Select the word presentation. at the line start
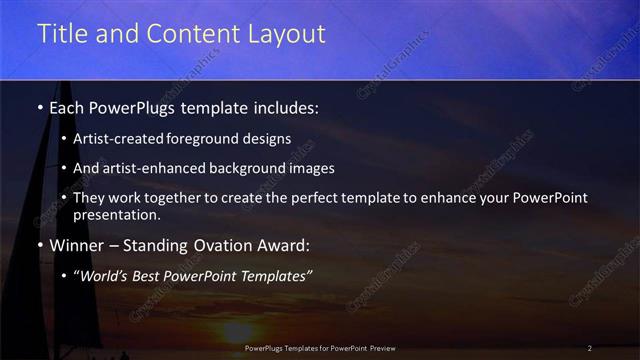[117, 215]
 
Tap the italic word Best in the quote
[150, 275]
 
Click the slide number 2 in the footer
[590, 348]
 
